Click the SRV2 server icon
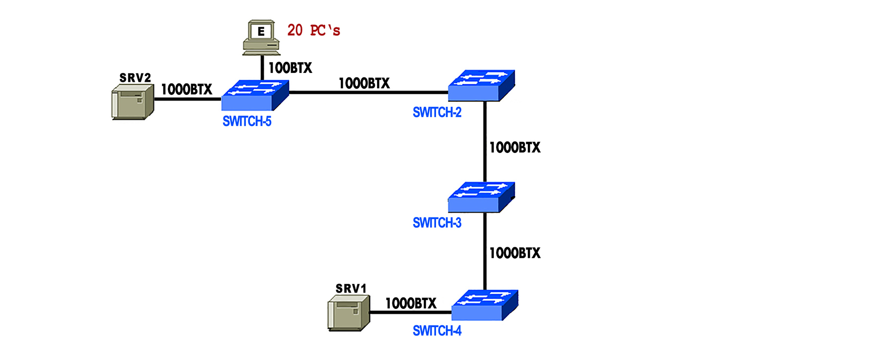(x=132, y=102)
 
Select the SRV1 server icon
(x=349, y=313)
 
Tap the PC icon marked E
(x=261, y=37)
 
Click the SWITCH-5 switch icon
(x=255, y=95)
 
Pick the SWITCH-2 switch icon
(x=481, y=86)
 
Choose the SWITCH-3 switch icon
(x=481, y=197)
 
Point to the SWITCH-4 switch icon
(x=485, y=305)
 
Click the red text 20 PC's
(x=313, y=31)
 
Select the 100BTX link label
(x=290, y=68)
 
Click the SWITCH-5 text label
(x=247, y=122)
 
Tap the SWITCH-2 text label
(x=437, y=113)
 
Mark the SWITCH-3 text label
(x=437, y=223)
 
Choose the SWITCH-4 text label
(x=437, y=331)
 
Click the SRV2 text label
(x=135, y=78)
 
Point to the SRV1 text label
(x=351, y=288)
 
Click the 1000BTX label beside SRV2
(x=186, y=90)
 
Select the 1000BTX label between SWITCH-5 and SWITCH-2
(x=364, y=83)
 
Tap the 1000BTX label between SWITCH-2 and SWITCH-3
(x=515, y=147)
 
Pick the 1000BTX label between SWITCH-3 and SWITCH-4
(x=515, y=253)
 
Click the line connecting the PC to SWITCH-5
(x=262, y=68)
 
